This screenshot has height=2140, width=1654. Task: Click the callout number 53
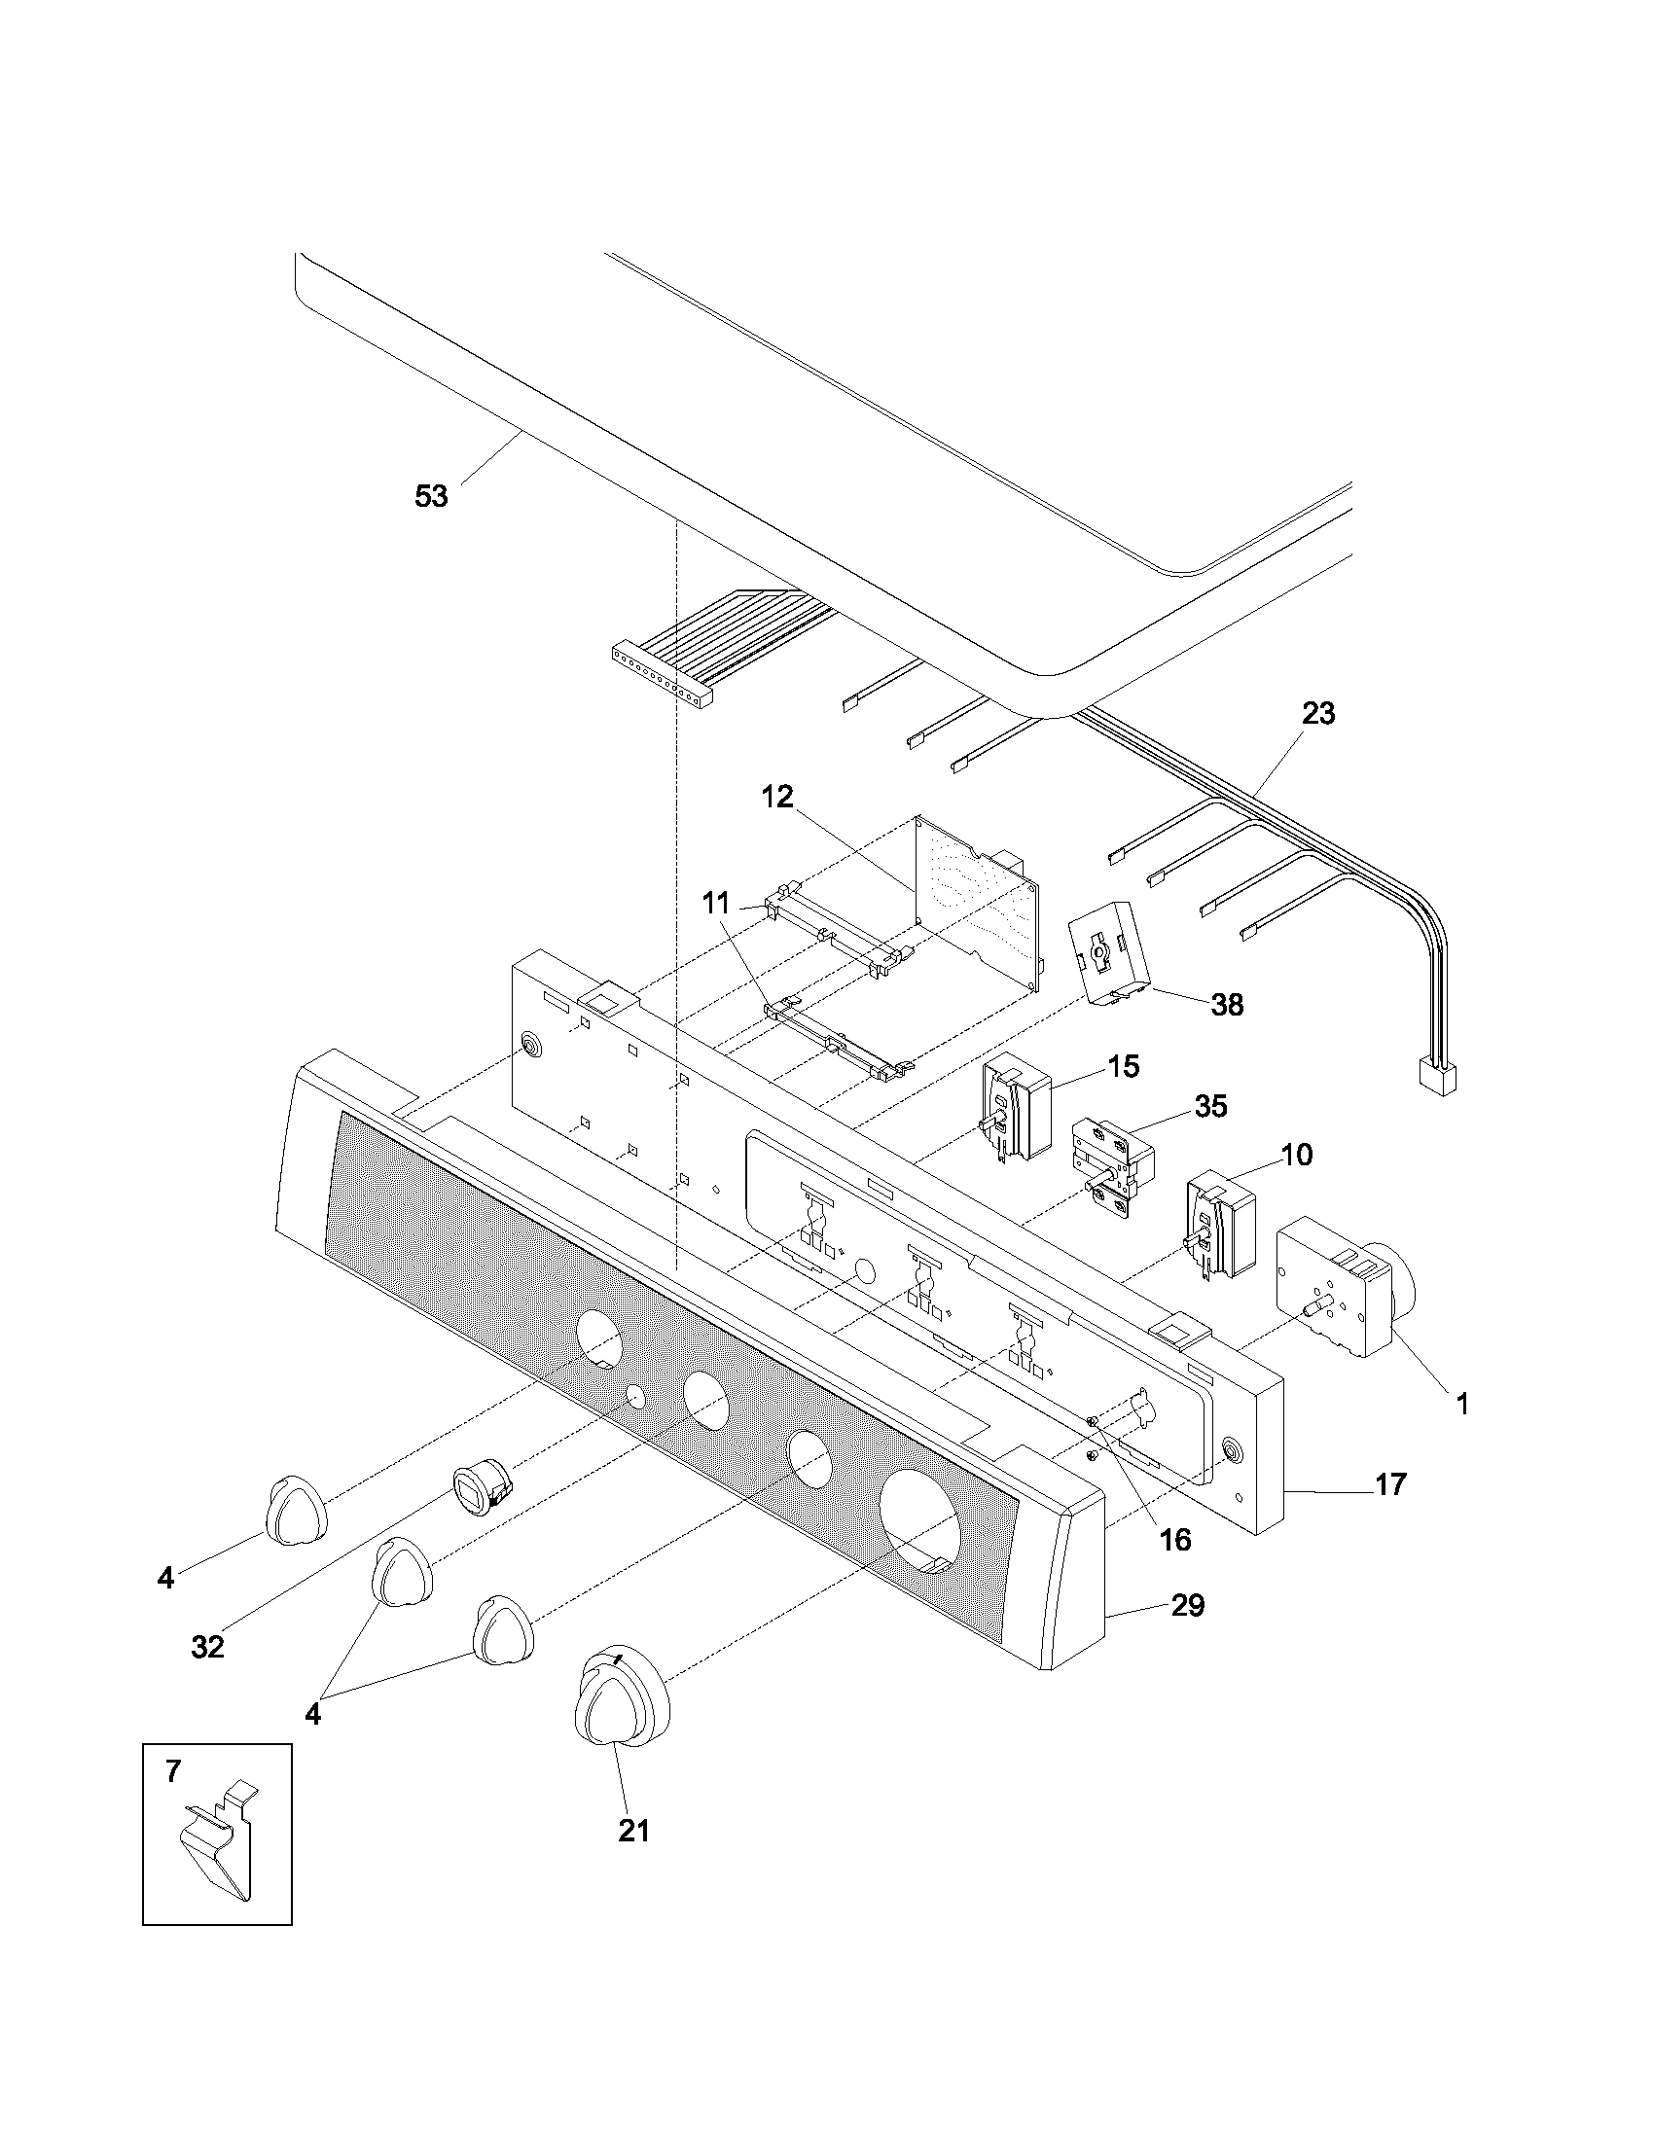point(431,497)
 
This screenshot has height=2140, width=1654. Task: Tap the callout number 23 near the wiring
point(1318,713)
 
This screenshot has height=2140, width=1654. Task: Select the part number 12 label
point(777,797)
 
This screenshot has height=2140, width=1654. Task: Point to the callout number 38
point(1227,1005)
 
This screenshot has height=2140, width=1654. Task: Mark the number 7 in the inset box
point(172,1770)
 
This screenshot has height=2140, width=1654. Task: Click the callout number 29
point(1188,1606)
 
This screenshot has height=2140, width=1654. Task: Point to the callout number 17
point(1390,1484)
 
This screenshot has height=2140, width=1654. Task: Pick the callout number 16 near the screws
point(1175,1540)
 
